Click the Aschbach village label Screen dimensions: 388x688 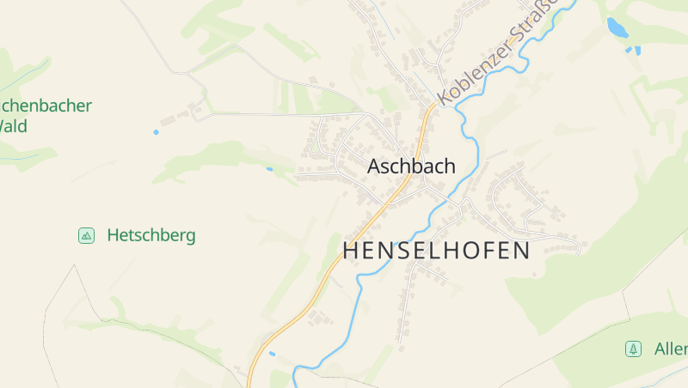411,167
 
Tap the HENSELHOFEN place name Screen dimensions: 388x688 437,251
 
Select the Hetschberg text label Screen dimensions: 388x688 151,235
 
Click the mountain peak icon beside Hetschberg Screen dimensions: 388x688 86,235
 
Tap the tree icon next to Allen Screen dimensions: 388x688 634,349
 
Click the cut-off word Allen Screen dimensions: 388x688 671,349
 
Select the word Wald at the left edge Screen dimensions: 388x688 14,126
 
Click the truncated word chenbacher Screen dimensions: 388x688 46,106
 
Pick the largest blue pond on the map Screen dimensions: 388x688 617,27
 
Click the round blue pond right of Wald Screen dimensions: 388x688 156,132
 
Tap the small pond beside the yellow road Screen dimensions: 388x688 272,353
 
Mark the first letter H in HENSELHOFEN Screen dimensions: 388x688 351,251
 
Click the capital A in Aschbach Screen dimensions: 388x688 374,167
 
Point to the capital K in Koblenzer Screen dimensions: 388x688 445,97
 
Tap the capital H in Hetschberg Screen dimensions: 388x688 113,235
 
